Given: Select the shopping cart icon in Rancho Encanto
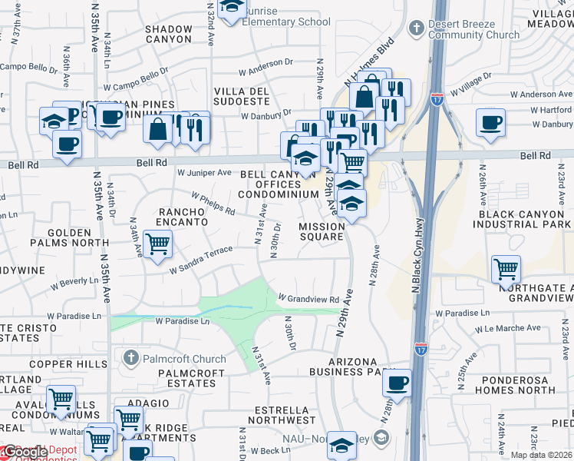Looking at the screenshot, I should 157,244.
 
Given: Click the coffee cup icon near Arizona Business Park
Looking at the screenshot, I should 397,383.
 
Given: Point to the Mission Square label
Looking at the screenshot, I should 322,231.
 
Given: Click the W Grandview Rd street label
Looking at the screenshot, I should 308,298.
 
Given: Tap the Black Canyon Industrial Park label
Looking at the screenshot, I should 523,218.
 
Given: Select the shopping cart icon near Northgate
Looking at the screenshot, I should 506,269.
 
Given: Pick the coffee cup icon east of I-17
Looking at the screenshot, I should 490,121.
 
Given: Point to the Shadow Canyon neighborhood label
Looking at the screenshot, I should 167,34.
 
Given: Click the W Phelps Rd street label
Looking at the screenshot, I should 213,203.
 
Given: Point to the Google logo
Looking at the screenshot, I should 25,453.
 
